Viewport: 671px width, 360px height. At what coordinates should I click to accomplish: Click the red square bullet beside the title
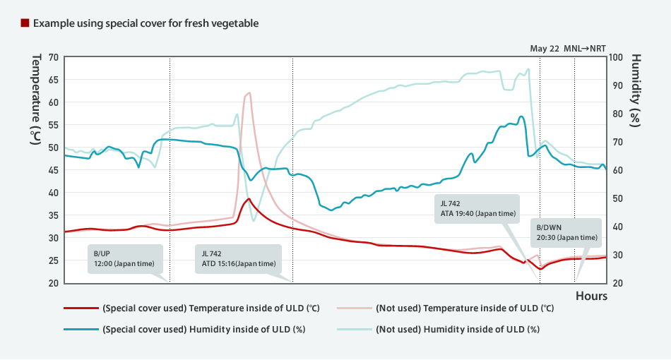tap(25, 23)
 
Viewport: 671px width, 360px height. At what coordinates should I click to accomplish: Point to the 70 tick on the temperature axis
tap(54, 57)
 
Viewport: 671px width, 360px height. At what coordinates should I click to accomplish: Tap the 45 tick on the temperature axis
tap(54, 170)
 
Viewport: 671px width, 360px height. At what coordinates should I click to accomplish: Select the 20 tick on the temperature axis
tap(54, 283)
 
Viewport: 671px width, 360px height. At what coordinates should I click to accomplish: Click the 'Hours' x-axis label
tap(590, 296)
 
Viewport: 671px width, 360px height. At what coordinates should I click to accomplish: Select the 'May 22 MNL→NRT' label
tap(568, 49)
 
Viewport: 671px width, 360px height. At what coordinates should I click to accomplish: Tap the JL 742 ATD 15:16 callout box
tap(239, 259)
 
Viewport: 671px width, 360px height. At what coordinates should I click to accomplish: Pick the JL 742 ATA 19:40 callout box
tap(478, 208)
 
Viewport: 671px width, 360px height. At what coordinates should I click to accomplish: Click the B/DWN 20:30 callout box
tap(566, 232)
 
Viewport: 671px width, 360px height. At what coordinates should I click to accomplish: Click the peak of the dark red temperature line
tap(249, 199)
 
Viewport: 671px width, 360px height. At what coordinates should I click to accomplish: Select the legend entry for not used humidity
tap(438, 329)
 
